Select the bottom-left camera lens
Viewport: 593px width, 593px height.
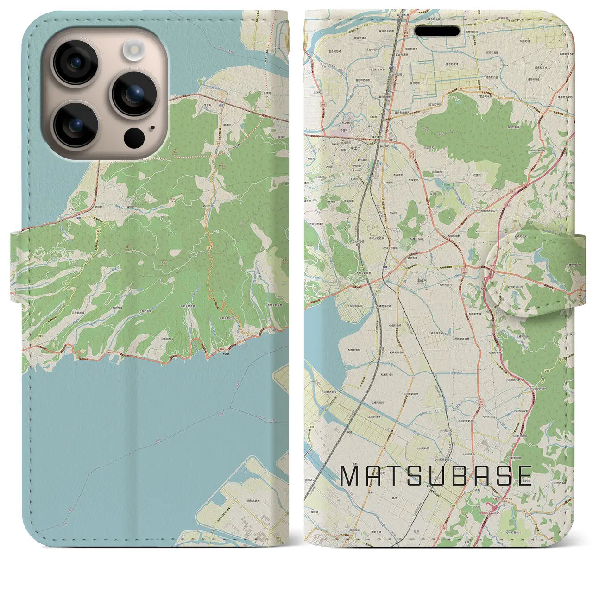coord(75,124)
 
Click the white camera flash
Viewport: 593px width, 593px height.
coord(135,48)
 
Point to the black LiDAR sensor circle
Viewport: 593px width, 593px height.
coord(135,137)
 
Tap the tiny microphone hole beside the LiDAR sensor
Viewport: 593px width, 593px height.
coord(152,128)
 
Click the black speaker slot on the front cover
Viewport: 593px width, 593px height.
coord(437,31)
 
